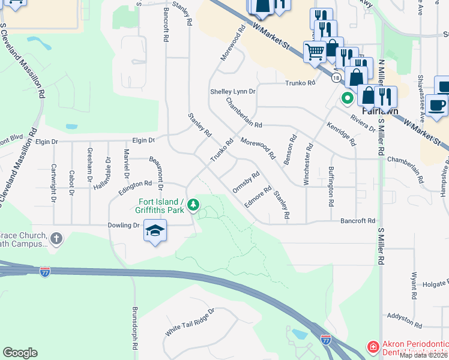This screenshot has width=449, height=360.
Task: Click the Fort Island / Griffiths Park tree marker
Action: tap(193, 206)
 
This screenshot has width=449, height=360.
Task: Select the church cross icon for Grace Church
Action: tap(56, 239)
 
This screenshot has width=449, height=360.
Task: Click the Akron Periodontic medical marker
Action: tap(373, 347)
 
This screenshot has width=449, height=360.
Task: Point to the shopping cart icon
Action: tap(314, 52)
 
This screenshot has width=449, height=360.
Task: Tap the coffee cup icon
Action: tap(438, 106)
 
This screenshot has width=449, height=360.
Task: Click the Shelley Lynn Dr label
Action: tap(233, 92)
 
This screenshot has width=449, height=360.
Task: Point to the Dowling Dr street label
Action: tap(125, 225)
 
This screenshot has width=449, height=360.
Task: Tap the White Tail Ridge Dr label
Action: tap(190, 322)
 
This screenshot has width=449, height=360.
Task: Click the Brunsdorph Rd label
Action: tap(135, 330)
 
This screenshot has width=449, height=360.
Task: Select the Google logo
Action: tap(20, 353)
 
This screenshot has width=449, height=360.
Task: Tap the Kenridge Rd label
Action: tap(342, 134)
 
